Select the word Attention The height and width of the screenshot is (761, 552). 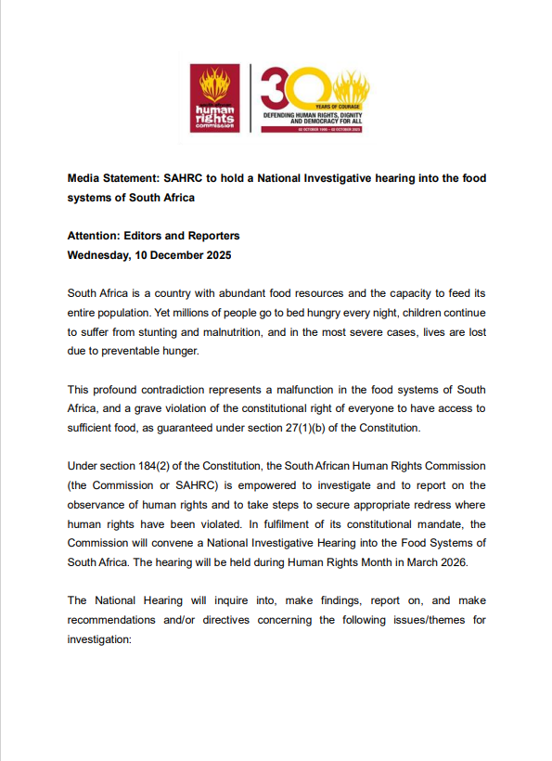[97, 236]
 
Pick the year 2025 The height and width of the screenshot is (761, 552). [215, 255]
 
